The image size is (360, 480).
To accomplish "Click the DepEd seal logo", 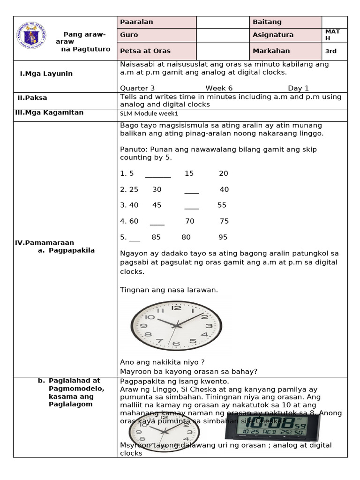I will click(x=32, y=37).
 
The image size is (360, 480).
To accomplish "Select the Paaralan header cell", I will click(x=157, y=22).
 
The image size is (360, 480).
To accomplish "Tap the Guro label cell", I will click(x=157, y=35).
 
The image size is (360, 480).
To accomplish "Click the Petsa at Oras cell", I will click(x=157, y=51).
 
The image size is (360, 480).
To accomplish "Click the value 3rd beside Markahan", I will click(x=331, y=51).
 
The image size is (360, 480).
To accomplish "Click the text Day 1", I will click(x=298, y=88).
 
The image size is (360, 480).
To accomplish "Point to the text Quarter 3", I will click(x=137, y=88).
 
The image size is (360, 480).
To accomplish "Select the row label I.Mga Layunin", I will click(x=46, y=74).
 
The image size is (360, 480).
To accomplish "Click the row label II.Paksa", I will click(x=32, y=97).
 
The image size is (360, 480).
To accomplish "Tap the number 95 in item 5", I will click(x=223, y=237).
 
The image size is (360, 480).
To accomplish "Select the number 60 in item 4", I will click(x=134, y=221).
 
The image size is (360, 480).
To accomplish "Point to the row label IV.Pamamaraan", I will click(x=45, y=243).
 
